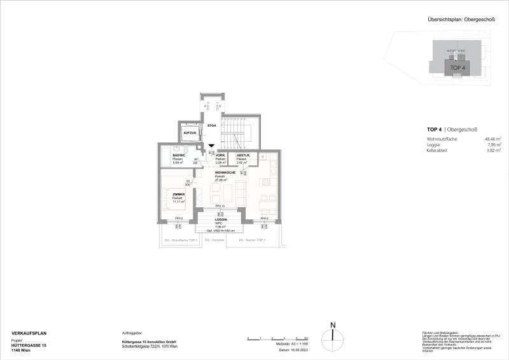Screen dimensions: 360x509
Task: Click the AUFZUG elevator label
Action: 189,133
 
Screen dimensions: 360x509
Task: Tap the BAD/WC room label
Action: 178,156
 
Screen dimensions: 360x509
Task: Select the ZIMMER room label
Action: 178,195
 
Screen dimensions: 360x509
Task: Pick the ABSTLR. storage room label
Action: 242,156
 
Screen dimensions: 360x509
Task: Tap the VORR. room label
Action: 221,156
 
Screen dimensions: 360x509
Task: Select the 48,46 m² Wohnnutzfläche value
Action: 489,139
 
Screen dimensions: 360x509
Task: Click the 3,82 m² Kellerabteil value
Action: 491,151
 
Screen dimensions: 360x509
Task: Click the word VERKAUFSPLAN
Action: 29,333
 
